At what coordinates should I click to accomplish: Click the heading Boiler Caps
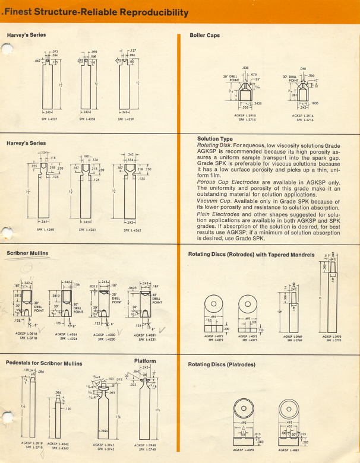204,36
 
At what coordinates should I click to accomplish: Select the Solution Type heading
214,139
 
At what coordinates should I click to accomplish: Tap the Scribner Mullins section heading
27,253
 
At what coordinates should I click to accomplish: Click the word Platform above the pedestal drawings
145,360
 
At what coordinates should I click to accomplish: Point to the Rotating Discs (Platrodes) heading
219,364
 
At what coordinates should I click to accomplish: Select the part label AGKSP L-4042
58,443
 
